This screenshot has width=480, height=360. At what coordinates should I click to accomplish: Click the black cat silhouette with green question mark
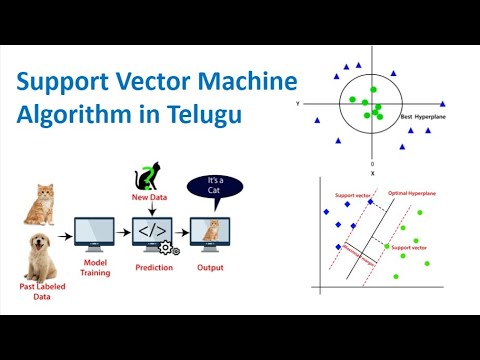click(148, 177)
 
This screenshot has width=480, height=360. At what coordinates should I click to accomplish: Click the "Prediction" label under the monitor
click(153, 268)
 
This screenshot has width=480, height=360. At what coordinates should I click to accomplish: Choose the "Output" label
click(210, 268)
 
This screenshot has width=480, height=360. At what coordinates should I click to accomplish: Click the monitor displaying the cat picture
click(210, 232)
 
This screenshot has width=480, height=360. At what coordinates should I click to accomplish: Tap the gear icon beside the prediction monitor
click(168, 248)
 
